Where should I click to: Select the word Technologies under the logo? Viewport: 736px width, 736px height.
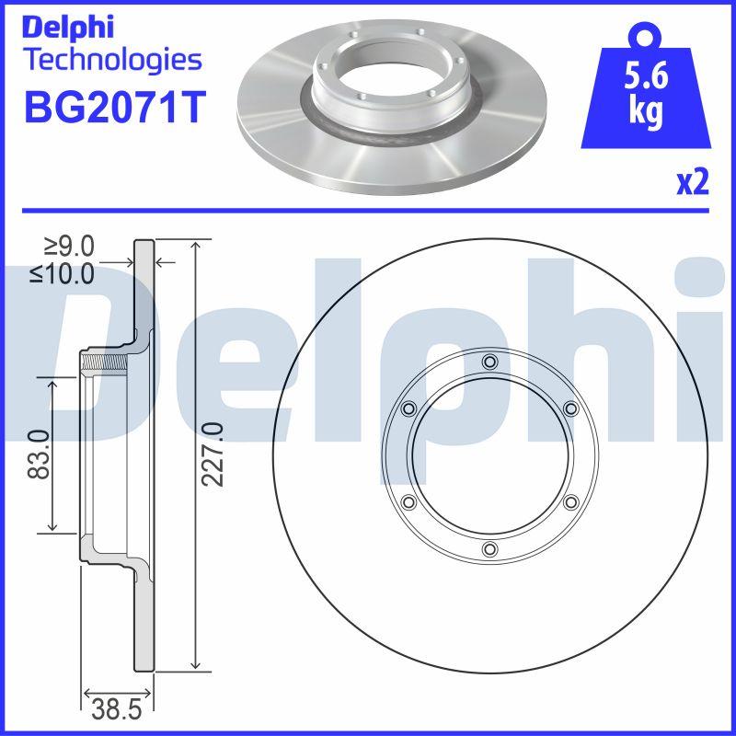110,60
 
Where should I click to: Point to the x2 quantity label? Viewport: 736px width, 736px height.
692,183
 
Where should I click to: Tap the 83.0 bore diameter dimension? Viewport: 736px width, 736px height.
38,454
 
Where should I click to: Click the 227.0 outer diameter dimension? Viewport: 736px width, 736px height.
213,454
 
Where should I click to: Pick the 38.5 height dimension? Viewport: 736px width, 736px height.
118,708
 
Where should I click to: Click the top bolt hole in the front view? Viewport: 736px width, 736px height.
489,361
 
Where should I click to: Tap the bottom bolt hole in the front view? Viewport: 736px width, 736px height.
489,550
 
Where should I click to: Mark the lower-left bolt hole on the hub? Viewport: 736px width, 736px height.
408,502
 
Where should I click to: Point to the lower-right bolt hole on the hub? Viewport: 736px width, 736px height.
570,502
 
